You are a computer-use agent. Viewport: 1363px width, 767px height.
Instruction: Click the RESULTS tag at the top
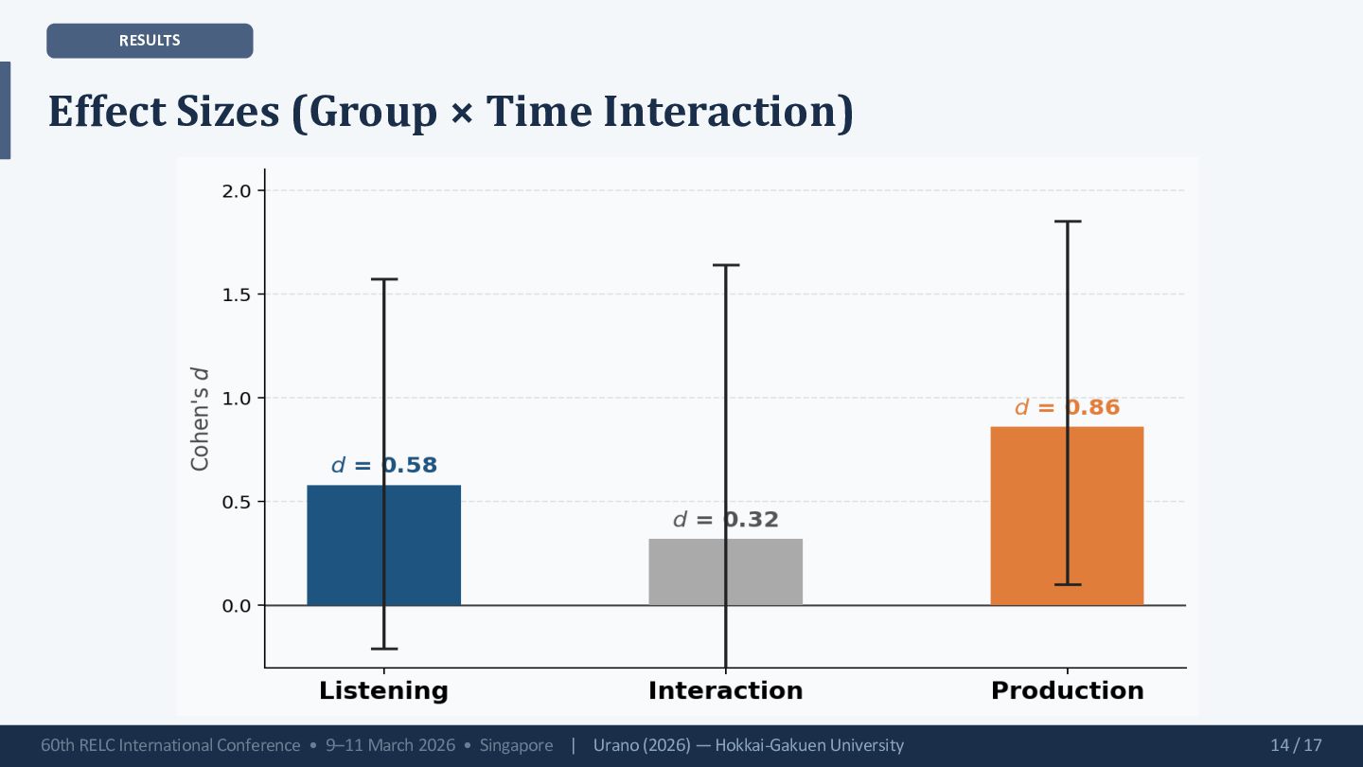coord(150,41)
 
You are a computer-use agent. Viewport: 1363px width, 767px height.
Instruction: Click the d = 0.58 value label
coord(383,466)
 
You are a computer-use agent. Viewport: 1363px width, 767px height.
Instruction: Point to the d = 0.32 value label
coord(725,520)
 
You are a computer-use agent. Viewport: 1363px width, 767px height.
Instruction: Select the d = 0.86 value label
coord(1067,407)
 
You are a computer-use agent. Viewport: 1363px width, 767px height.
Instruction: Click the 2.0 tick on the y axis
coord(238,191)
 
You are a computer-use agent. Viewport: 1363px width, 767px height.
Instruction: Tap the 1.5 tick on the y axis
coord(238,294)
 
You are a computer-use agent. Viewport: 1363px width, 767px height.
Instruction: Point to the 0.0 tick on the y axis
coord(238,605)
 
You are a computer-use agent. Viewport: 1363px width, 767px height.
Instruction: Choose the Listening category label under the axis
coord(383,690)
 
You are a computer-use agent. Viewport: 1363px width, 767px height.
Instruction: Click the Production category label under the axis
coord(1067,690)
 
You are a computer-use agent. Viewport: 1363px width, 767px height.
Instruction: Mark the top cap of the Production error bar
coord(1068,222)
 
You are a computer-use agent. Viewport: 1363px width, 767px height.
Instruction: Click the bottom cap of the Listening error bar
coord(383,649)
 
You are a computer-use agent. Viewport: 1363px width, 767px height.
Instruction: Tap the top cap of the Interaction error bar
coord(726,265)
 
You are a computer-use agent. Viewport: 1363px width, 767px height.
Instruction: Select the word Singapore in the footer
coord(516,745)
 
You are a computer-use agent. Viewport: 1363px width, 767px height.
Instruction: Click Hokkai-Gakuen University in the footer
coord(809,745)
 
